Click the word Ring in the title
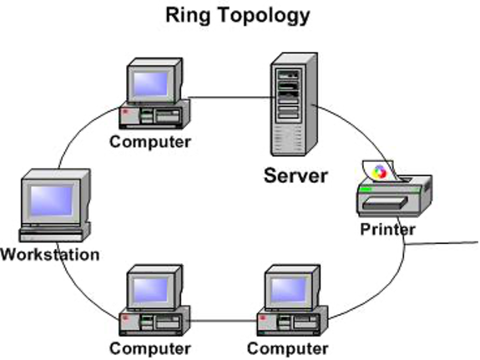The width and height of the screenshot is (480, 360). [188, 16]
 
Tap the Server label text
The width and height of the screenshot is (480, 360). [296, 175]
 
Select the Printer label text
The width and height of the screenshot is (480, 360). [387, 230]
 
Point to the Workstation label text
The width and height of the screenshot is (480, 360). [50, 254]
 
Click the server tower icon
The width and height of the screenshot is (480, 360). [294, 104]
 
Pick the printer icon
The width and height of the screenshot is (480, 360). [394, 189]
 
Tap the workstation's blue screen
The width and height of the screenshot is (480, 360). [51, 200]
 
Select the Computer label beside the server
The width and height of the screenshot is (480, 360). [150, 142]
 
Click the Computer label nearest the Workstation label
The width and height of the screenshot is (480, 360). [150, 348]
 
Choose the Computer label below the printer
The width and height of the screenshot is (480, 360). [288, 348]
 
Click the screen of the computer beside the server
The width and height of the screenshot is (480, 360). [150, 84]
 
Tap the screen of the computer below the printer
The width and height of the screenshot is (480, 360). [288, 290]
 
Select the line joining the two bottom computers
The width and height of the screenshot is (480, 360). [223, 321]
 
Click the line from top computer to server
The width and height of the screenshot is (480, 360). [231, 98]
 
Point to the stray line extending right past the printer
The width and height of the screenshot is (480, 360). [441, 243]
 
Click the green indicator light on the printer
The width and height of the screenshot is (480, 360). [366, 190]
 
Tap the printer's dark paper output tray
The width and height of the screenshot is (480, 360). [386, 203]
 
